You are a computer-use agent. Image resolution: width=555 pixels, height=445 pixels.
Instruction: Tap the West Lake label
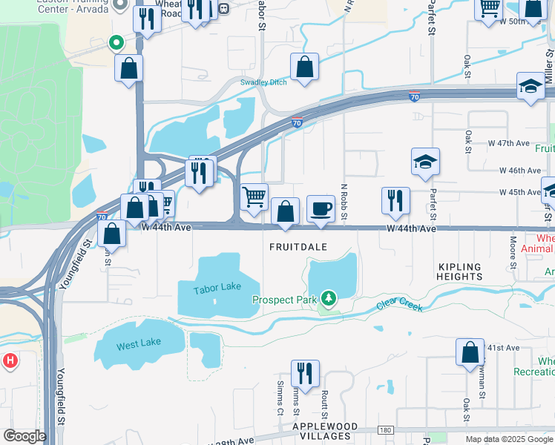click(x=138, y=346)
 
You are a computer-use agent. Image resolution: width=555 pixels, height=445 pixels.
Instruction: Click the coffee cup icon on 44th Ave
click(x=321, y=209)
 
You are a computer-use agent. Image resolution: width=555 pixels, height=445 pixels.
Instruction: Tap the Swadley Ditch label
click(x=263, y=82)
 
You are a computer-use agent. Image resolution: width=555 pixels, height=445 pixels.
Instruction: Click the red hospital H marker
click(x=10, y=362)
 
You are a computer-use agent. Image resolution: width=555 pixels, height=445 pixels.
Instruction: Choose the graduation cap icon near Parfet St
click(x=426, y=162)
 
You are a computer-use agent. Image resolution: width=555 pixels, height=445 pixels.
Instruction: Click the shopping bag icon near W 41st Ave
click(x=470, y=353)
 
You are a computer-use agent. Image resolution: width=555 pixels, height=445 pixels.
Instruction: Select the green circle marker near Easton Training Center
click(x=115, y=43)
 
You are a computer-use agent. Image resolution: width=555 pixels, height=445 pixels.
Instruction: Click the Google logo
click(x=24, y=437)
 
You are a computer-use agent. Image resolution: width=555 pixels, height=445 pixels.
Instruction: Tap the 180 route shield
click(x=384, y=430)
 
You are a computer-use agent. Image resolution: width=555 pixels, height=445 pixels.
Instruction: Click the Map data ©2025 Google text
click(x=508, y=439)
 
